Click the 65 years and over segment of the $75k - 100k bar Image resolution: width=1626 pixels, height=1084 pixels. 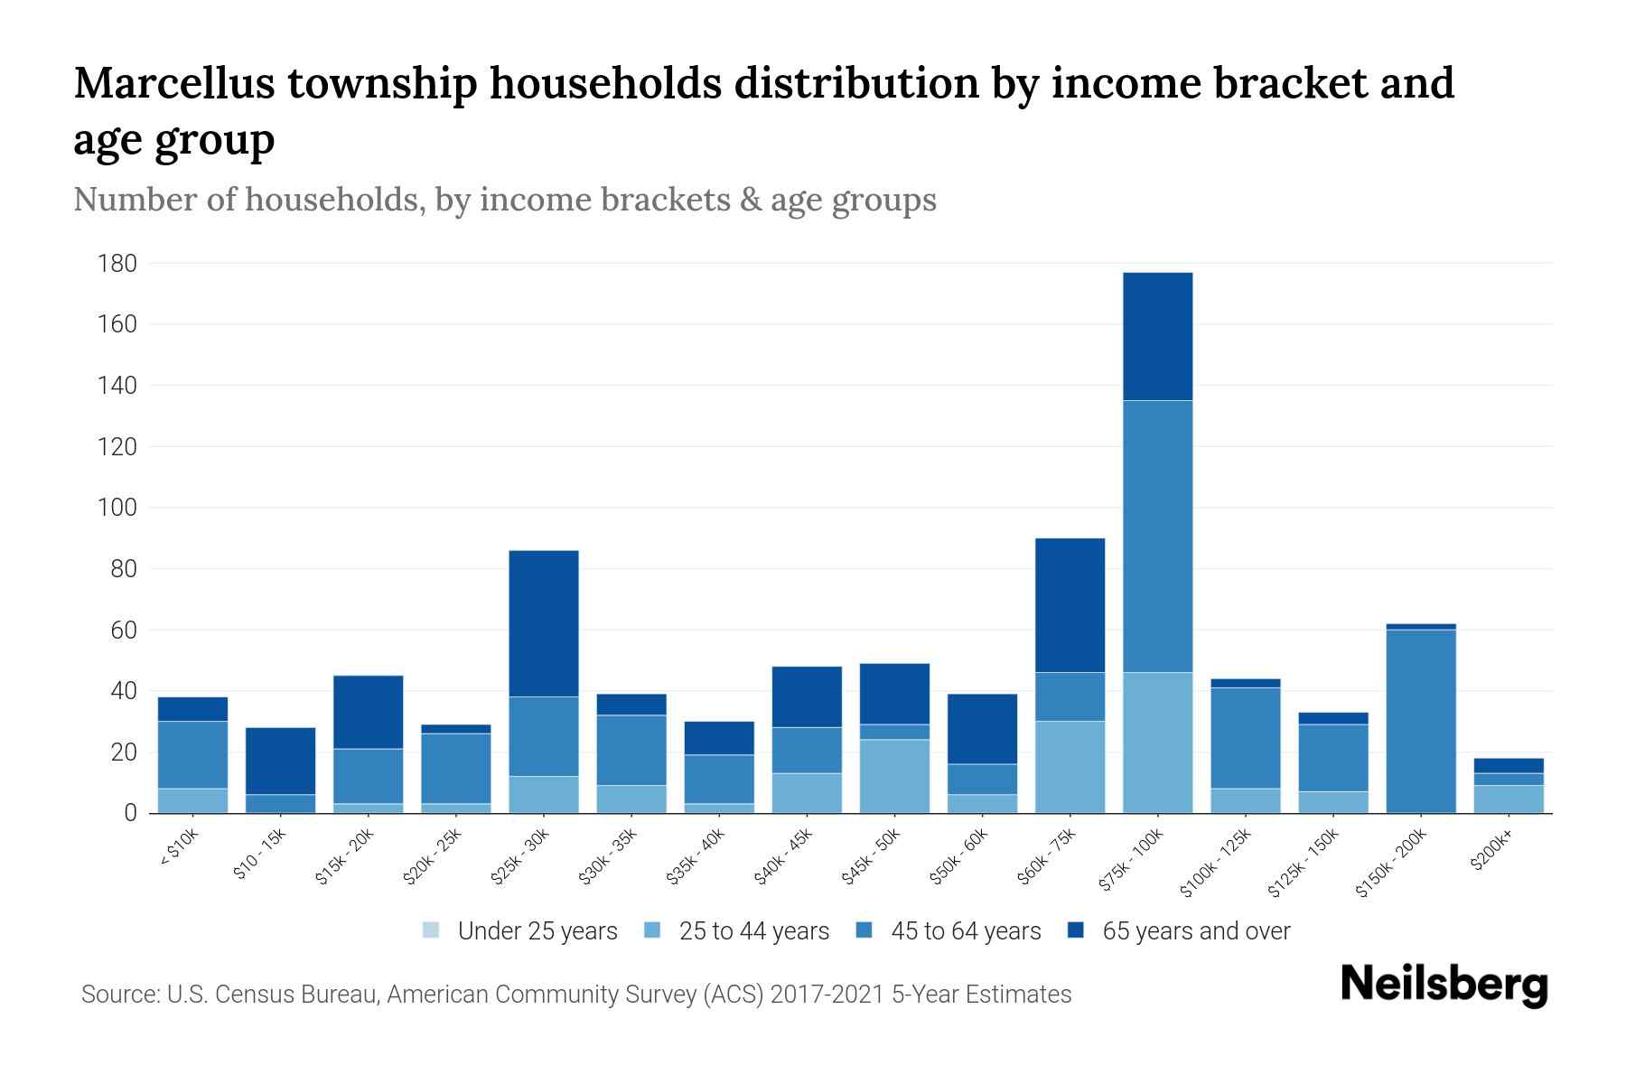(x=1157, y=336)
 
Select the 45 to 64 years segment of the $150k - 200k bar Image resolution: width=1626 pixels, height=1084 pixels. (x=1421, y=721)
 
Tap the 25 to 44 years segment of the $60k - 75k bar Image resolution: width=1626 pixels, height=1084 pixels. (x=1070, y=767)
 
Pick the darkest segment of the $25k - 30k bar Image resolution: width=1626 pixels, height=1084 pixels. (x=544, y=623)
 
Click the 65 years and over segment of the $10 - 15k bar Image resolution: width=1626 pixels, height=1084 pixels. (x=280, y=761)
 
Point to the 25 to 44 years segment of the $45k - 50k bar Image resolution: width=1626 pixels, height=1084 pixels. (x=894, y=776)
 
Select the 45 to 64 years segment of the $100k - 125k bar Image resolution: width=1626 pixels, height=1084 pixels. (x=1245, y=738)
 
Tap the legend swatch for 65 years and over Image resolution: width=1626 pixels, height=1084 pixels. (x=1076, y=930)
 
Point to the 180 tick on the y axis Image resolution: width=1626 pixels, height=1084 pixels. (x=117, y=264)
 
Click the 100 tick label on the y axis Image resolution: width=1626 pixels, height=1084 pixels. (x=117, y=508)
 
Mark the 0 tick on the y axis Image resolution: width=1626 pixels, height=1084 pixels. (x=130, y=813)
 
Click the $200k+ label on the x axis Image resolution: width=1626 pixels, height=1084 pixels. (x=1490, y=853)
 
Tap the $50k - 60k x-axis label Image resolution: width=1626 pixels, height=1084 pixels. (x=959, y=857)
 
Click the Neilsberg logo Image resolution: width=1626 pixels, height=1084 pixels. (x=1444, y=985)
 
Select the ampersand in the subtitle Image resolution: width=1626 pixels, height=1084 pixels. (x=749, y=200)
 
